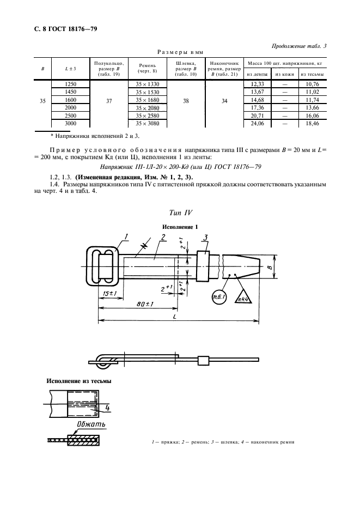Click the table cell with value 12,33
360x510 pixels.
click(257, 84)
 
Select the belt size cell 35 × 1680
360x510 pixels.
click(147, 100)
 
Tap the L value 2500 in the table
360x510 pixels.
click(70, 116)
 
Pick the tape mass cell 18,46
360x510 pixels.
click(312, 124)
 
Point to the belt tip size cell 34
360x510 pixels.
click(224, 101)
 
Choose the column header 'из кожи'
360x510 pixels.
click(284, 74)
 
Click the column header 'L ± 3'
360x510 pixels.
click(70, 68)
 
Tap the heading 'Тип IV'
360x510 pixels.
click(180, 211)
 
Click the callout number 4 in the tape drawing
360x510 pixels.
click(107, 408)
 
